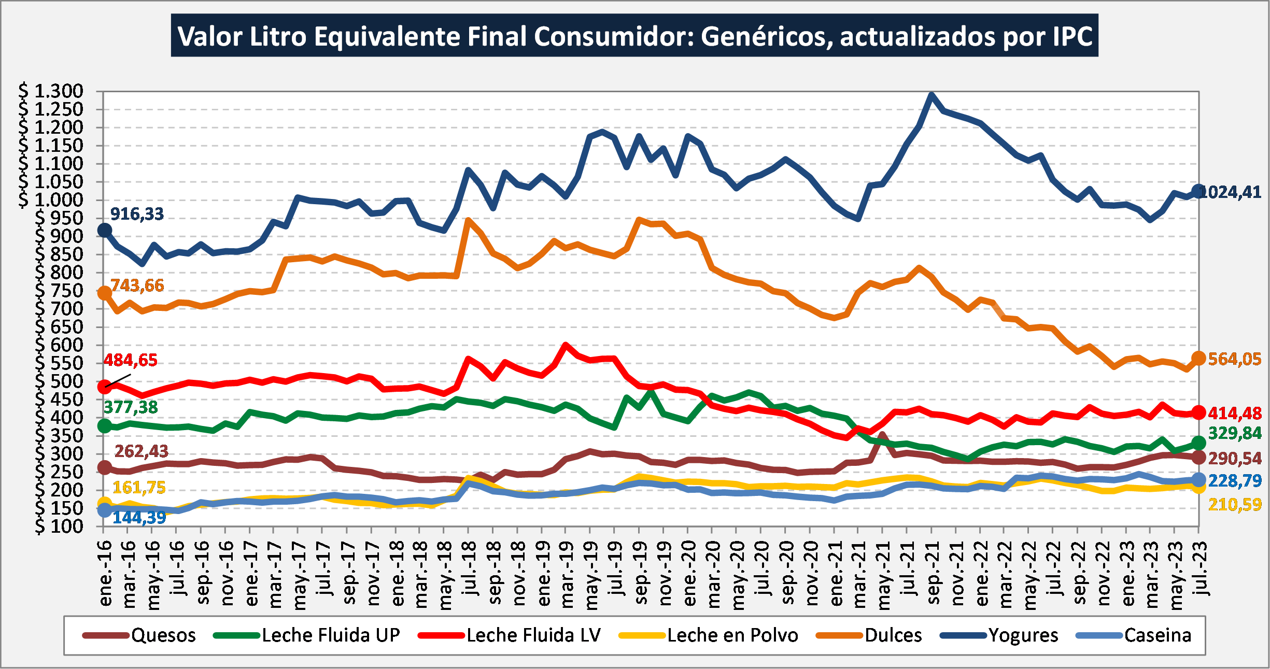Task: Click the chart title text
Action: coord(634,36)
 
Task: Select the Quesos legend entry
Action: coord(139,635)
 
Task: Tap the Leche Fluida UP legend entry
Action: coord(307,635)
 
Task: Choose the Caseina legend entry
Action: coord(1134,635)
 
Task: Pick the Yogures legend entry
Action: coord(999,635)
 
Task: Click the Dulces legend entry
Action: coord(869,635)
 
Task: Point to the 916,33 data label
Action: coord(137,213)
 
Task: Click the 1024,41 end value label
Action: coord(1231,192)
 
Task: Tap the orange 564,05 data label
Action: coord(1235,359)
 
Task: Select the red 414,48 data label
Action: coord(1235,413)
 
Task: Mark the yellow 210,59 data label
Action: coord(1235,504)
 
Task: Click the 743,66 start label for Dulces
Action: coord(137,285)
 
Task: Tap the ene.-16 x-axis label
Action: coord(105,573)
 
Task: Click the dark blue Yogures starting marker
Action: coord(105,231)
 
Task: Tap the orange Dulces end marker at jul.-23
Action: coord(1198,358)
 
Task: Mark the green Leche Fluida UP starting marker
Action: coord(105,426)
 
